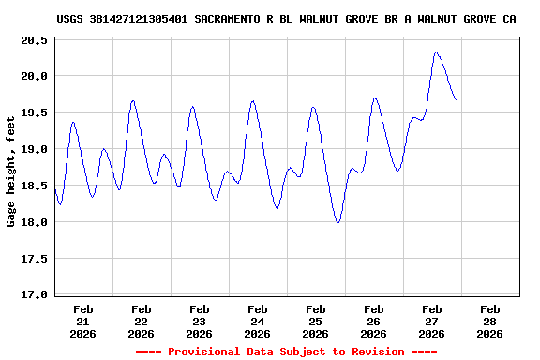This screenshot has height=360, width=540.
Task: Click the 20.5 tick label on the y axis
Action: [x=35, y=39]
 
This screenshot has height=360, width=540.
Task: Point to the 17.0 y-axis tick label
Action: [x=35, y=295]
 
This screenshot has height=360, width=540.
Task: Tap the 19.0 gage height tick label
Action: [x=35, y=149]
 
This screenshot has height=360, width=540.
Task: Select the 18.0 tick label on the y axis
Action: [x=35, y=222]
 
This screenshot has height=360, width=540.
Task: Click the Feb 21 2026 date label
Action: [x=83, y=321]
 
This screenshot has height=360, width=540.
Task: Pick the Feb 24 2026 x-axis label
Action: [x=258, y=321]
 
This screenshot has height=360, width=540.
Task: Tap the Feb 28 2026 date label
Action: [x=490, y=321]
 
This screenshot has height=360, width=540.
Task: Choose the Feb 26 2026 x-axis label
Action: [x=374, y=321]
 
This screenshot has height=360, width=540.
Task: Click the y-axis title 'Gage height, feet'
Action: [x=12, y=168]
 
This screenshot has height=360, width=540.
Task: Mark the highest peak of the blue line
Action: [x=436, y=52]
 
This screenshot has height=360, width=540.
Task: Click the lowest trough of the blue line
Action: [x=337, y=222]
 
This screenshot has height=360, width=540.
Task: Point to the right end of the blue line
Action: [x=457, y=101]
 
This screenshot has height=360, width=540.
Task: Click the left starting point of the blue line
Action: [x=55, y=189]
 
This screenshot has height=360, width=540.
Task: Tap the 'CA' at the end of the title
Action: [x=509, y=18]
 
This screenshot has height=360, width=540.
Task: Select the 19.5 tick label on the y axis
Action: [x=35, y=112]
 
